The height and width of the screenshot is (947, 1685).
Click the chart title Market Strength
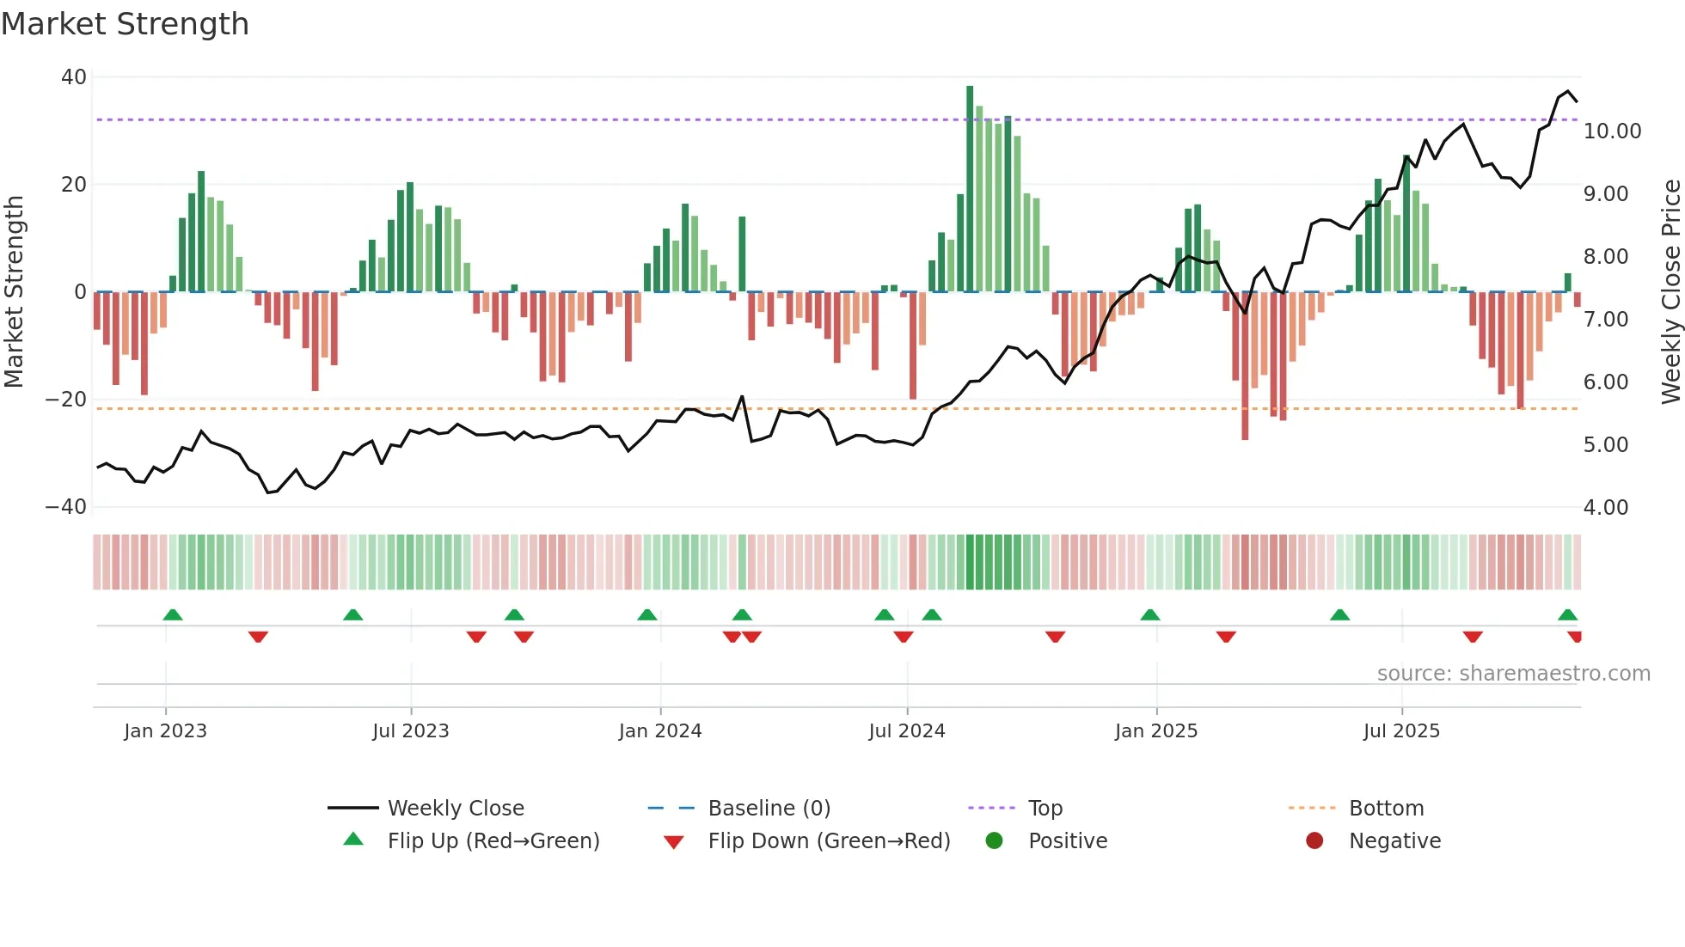point(125,24)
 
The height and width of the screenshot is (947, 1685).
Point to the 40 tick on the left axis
point(74,77)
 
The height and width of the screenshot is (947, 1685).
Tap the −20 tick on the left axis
point(66,400)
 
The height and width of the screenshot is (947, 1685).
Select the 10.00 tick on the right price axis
point(1612,131)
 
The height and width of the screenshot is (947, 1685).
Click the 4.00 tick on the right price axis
point(1605,508)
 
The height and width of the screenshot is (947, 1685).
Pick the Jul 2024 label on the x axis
point(906,731)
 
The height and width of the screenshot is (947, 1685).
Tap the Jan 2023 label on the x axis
point(165,731)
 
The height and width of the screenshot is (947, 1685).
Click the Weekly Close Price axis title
point(1670,292)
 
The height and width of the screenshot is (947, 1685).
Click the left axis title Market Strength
point(14,292)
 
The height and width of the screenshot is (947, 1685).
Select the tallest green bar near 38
point(970,189)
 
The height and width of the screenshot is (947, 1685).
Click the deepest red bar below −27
point(1245,365)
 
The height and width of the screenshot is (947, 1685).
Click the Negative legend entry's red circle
point(1314,841)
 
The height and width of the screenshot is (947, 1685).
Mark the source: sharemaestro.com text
point(1513,674)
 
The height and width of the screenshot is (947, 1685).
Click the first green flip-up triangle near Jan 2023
point(173,615)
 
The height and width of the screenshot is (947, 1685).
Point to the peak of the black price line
point(1568,91)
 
